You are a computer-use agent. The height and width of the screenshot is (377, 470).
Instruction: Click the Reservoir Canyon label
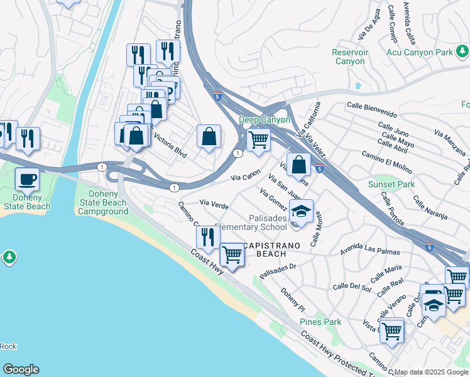click(349, 57)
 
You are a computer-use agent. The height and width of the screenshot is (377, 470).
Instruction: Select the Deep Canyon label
click(264, 119)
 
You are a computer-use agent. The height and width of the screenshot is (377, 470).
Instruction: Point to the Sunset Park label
click(391, 185)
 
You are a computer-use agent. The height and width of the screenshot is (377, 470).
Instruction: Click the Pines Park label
click(320, 322)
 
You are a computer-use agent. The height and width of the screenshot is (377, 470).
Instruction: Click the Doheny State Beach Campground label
click(103, 203)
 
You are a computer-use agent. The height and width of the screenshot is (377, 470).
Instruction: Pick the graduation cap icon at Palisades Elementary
click(302, 210)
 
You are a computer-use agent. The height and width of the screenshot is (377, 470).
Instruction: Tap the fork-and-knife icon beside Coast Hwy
click(207, 237)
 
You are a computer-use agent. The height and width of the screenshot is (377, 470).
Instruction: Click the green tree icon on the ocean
click(9, 257)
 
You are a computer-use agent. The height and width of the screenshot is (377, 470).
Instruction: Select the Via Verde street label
click(213, 202)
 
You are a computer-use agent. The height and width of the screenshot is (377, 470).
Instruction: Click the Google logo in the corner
click(21, 369)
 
